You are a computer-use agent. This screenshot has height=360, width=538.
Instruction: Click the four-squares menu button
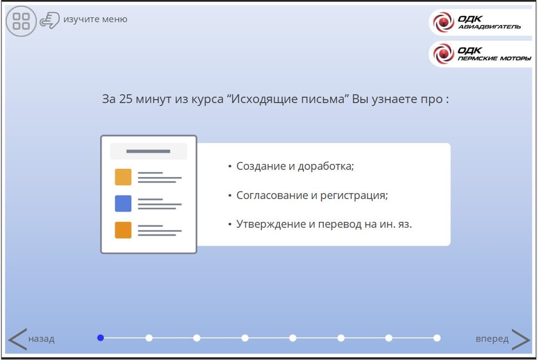click(21, 21)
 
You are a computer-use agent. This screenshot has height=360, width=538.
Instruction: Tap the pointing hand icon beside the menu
click(50, 20)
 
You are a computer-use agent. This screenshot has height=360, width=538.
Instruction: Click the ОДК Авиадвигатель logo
click(480, 22)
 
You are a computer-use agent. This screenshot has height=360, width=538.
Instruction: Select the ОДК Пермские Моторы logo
click(480, 54)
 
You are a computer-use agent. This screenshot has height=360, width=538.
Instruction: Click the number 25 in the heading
click(125, 99)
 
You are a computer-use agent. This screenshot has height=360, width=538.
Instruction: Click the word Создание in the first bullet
click(261, 166)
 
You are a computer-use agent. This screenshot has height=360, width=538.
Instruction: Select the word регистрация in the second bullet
click(354, 196)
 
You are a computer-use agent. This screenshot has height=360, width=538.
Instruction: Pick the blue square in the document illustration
click(123, 203)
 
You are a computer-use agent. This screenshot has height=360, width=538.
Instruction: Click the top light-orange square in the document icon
click(123, 177)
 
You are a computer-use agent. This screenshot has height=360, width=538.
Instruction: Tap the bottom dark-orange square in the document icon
click(123, 230)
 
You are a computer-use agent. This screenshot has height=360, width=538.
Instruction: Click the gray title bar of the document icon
click(149, 151)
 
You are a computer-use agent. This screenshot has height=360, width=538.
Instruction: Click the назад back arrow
click(17, 339)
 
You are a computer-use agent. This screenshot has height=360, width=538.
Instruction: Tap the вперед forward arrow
click(521, 339)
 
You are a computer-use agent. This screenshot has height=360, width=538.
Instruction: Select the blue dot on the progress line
click(100, 338)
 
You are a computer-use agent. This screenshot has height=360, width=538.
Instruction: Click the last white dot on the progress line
click(437, 338)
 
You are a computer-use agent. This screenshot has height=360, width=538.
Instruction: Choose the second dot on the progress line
click(149, 338)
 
